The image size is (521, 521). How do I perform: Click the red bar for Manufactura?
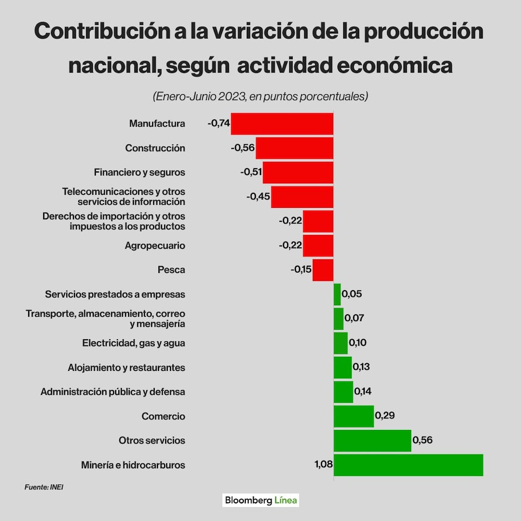[282, 123]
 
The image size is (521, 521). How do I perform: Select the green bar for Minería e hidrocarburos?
[408, 465]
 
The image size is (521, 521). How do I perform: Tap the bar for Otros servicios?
[372, 440]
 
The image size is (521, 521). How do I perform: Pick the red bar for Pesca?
[323, 270]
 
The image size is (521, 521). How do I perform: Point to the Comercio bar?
[353, 416]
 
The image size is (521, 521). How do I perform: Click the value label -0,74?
[219, 123]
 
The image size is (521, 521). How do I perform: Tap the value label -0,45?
[258, 196]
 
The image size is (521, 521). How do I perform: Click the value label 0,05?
[352, 294]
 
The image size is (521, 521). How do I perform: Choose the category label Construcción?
[155, 148]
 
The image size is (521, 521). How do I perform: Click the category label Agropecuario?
[155, 245]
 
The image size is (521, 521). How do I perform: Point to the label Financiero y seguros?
[139, 172]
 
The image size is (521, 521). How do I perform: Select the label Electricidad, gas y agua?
[133, 343]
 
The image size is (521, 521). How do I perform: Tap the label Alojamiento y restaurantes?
[126, 367]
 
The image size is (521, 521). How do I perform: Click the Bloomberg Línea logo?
[261, 500]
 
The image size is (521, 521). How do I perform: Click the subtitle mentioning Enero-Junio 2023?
[260, 96]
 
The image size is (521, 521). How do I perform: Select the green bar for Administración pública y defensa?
[343, 392]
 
